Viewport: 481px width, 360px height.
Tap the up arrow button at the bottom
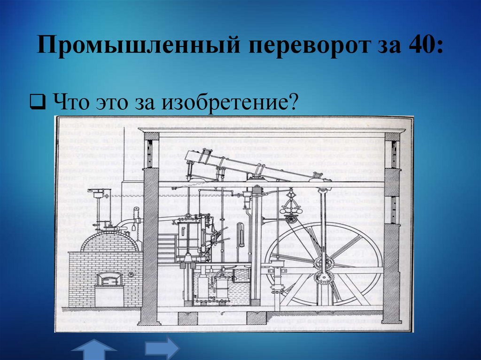[94, 351]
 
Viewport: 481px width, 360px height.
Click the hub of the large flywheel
[324, 262]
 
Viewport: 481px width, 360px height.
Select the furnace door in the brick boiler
[109, 280]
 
